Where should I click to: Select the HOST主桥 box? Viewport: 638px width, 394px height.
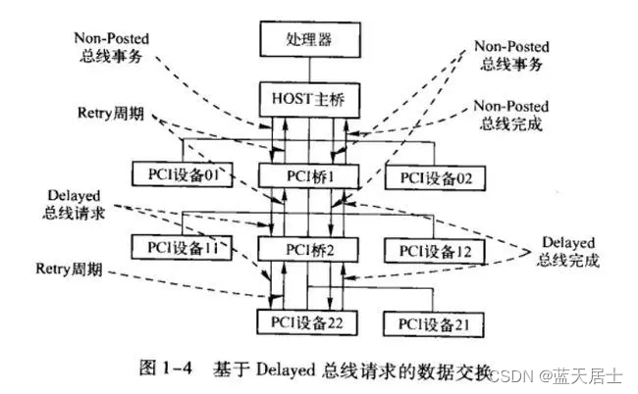[305, 99]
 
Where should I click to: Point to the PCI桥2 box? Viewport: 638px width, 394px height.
[306, 250]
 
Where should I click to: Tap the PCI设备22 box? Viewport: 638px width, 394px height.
[305, 320]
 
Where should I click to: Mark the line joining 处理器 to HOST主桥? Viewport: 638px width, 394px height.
[309, 71]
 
